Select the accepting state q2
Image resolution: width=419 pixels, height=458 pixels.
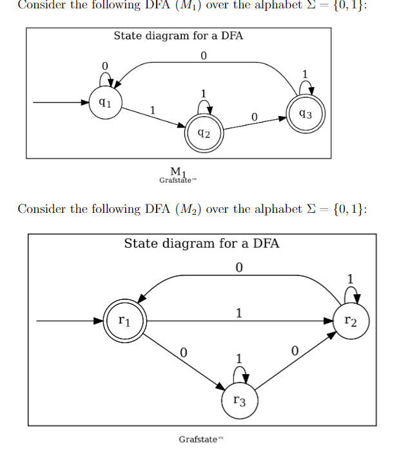[x=203, y=133]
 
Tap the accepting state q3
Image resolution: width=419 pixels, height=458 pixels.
[x=306, y=115]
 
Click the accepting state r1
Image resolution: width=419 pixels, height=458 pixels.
[x=125, y=321]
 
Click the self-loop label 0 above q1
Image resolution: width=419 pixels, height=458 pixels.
[x=104, y=66]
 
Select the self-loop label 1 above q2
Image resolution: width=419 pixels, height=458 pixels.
[x=204, y=94]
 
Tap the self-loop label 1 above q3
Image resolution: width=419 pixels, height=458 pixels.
[x=306, y=72]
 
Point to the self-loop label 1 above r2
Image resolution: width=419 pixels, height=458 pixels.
[x=351, y=279]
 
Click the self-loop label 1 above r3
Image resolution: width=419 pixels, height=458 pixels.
[x=239, y=358]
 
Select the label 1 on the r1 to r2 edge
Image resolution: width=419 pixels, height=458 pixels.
[x=239, y=313]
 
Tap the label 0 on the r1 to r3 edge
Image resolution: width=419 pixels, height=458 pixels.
[x=183, y=352]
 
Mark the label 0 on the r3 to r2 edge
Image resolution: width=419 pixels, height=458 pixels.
[x=295, y=352]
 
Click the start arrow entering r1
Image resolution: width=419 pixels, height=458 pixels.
[x=71, y=321]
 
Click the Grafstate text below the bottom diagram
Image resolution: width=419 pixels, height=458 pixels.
[x=198, y=439]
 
